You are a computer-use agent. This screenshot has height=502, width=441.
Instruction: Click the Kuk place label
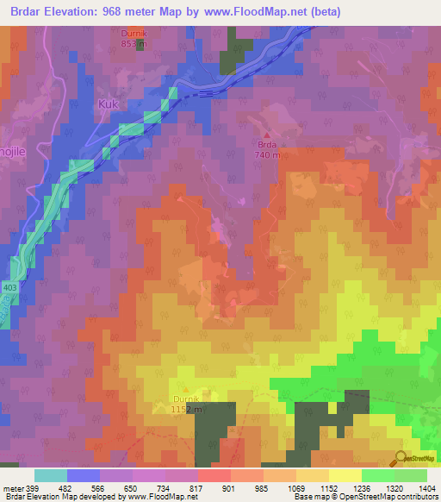click(x=107, y=104)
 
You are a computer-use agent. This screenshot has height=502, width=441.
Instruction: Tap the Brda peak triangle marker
click(x=267, y=135)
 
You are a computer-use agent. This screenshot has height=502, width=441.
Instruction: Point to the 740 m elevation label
click(x=267, y=155)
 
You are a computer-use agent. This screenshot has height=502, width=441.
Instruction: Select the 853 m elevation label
click(x=134, y=43)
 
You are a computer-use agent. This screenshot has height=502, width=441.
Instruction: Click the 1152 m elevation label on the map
click(x=187, y=409)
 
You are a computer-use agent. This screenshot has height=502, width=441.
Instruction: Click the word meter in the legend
click(x=12, y=488)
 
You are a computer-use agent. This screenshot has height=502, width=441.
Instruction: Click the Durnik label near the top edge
click(x=134, y=34)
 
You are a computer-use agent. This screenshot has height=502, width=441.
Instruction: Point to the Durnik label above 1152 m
click(x=184, y=398)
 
